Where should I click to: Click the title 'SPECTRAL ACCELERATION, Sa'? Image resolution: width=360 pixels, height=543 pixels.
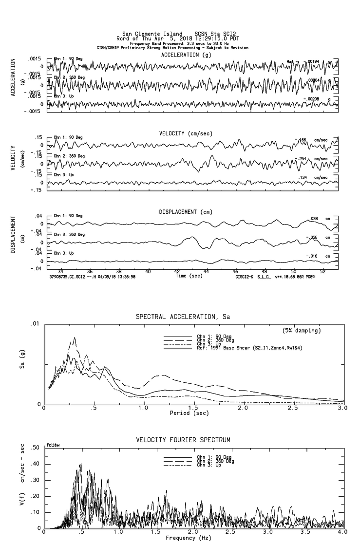(183, 317)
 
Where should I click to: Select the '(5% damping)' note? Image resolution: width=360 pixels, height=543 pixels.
(302, 331)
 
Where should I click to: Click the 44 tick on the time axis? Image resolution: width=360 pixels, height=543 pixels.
(207, 271)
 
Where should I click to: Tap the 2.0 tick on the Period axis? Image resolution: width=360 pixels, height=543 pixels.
(243, 408)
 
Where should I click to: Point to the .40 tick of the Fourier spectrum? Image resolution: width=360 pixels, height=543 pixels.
(35, 464)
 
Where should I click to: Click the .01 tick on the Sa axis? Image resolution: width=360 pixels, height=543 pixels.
(34, 324)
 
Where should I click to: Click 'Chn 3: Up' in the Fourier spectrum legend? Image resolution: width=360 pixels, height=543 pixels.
(208, 465)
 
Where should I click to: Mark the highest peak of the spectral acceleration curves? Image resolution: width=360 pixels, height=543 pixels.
(75, 337)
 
